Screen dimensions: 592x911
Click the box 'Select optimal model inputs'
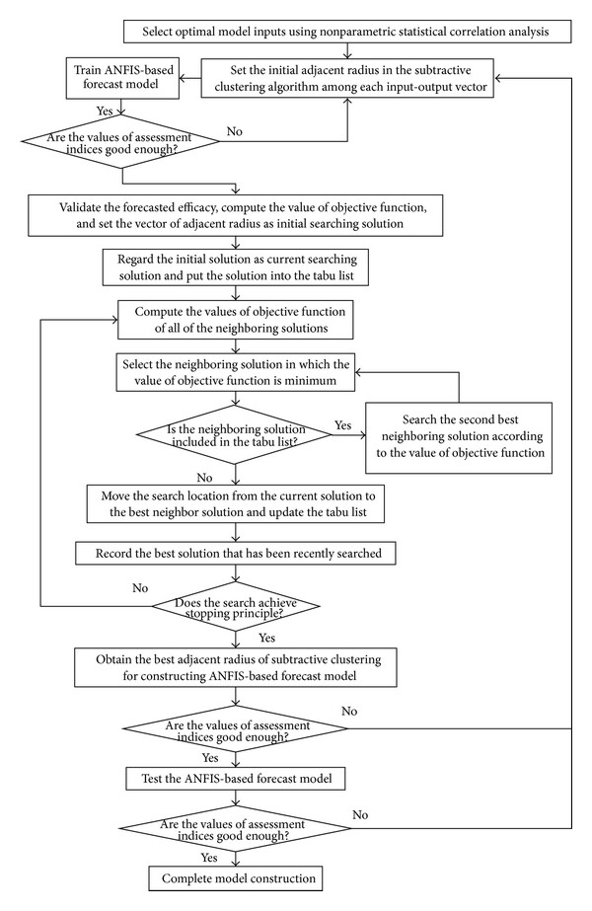(x=347, y=32)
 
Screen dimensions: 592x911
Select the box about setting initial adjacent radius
(x=347, y=78)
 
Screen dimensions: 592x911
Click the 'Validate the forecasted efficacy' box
(x=235, y=215)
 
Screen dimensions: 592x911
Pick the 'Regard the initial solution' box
(x=236, y=267)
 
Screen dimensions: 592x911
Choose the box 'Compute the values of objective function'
(x=235, y=320)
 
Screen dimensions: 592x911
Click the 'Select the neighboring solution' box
(x=235, y=372)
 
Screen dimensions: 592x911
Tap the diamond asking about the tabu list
(x=235, y=434)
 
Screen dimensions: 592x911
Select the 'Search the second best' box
(x=459, y=437)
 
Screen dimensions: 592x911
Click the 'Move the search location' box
(x=235, y=503)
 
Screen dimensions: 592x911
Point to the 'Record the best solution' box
(x=235, y=553)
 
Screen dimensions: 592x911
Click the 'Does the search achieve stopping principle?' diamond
(x=235, y=606)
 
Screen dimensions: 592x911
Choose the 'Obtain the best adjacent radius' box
(x=235, y=667)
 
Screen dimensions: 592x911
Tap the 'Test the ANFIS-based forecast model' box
(x=236, y=779)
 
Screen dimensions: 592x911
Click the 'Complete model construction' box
(x=235, y=878)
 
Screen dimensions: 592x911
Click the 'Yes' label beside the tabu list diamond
(x=342, y=425)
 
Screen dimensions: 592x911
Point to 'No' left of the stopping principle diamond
(x=140, y=588)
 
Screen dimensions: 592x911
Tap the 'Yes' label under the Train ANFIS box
(x=105, y=111)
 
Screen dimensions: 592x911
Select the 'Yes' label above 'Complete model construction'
(x=209, y=858)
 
